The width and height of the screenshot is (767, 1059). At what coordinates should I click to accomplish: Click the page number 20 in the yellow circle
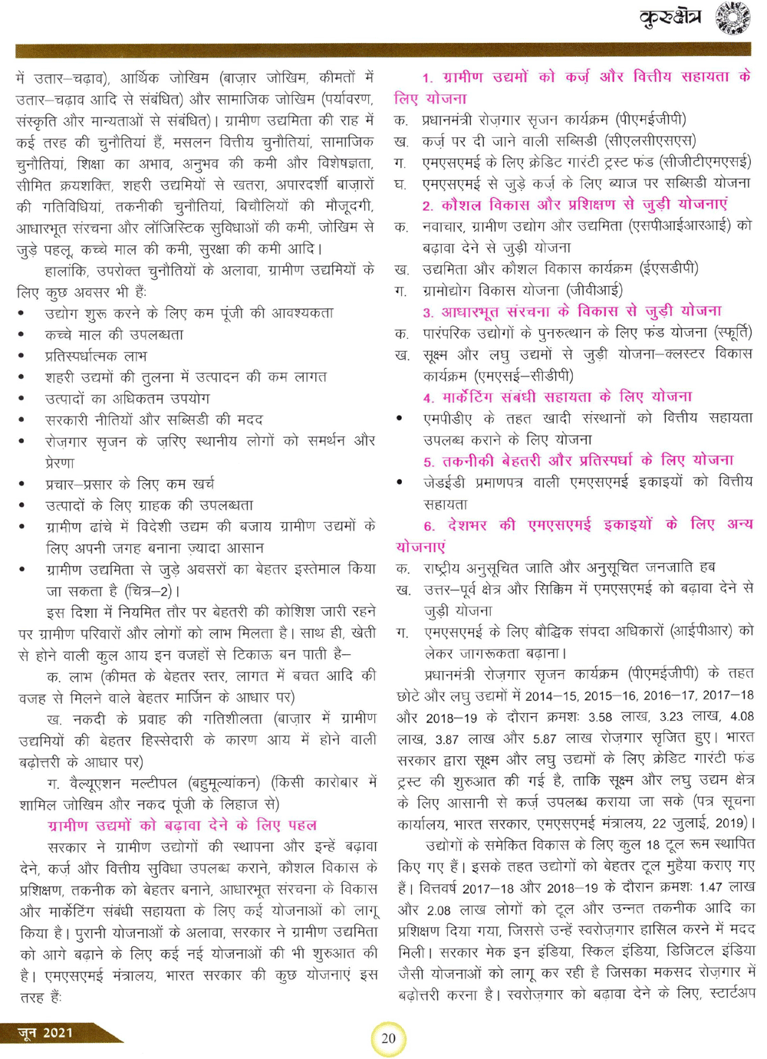pos(388,1038)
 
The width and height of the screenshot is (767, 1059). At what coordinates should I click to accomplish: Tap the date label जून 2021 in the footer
pos(46,1033)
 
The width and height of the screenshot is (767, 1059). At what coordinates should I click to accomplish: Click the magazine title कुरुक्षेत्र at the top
pos(670,18)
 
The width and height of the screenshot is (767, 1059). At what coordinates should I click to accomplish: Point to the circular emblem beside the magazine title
pos(732,18)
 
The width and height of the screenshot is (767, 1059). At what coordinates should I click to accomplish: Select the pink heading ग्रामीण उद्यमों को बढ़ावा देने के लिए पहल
pos(182,825)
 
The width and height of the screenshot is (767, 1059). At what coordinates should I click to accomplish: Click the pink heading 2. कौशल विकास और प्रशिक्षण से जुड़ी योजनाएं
pos(574,205)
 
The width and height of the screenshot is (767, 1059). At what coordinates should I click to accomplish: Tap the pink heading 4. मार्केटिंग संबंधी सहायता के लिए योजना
pos(558,397)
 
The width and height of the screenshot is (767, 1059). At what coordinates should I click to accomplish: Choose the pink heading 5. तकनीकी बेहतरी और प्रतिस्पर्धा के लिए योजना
pos(578,461)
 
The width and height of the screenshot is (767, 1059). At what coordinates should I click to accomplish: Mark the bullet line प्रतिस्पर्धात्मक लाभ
pos(96,356)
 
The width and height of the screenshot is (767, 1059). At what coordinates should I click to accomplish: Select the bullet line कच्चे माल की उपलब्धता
pos(114,335)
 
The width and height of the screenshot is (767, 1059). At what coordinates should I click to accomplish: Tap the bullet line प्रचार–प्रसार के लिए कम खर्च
pos(130,484)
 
